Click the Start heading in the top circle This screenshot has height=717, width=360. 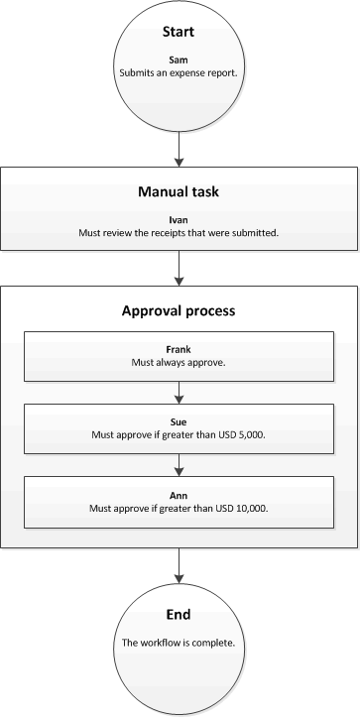coord(179,32)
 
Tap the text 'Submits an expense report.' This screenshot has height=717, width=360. coord(179,72)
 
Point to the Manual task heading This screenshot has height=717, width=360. coord(179,190)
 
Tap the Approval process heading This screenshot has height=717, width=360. coord(179,309)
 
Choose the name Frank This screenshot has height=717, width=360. coord(179,350)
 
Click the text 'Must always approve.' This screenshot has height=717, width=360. coord(179,363)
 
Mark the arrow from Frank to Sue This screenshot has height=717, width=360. coord(179,390)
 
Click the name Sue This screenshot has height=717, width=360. coord(179,420)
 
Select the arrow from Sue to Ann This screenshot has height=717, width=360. coord(179,461)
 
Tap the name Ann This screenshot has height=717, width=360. coord(179,493)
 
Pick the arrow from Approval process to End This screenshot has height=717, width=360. coord(179,566)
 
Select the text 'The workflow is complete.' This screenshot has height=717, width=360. coord(179,643)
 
